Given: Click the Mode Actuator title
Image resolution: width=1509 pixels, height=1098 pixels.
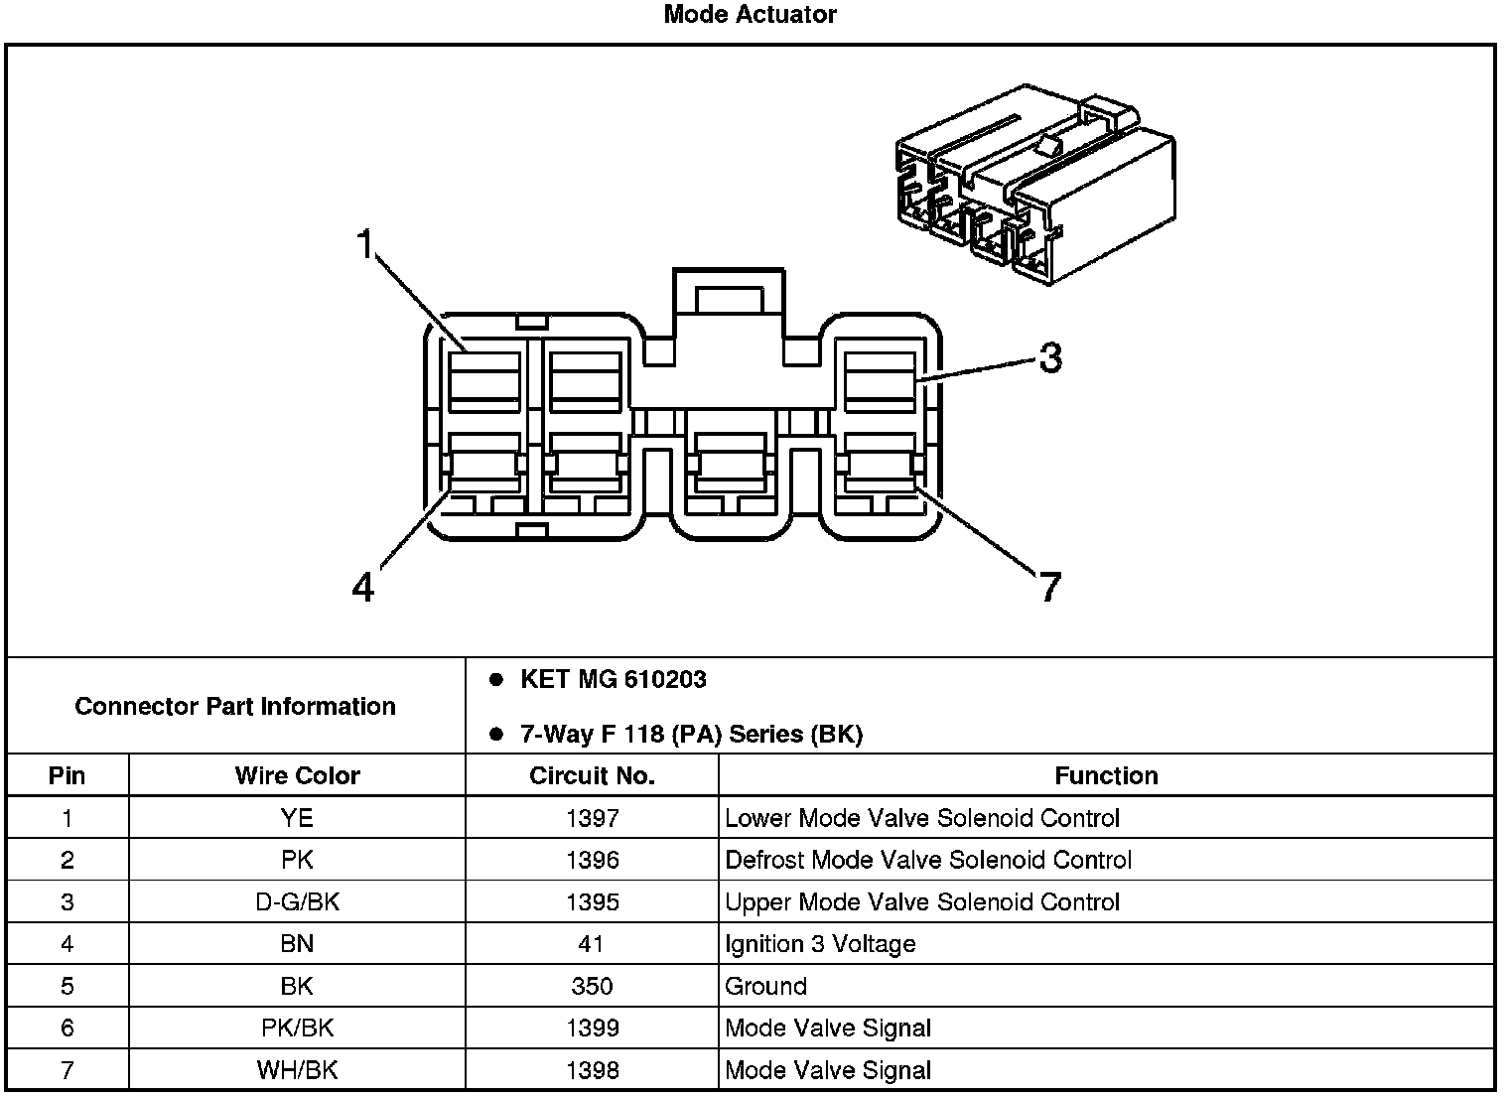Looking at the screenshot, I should [750, 15].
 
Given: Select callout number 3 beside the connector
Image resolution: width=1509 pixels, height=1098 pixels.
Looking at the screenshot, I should [1050, 357].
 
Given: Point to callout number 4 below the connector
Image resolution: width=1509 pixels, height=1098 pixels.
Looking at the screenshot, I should [363, 588].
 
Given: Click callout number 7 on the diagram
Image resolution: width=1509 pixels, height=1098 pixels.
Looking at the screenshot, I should [1050, 588].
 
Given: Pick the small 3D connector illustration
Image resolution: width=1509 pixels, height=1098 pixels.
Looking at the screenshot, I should [1034, 189].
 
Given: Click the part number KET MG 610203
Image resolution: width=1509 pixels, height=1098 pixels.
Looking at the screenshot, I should [613, 680].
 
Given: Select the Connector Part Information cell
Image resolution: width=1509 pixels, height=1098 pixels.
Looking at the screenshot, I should [235, 706].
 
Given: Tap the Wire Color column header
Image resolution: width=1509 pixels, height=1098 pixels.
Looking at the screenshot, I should [297, 775].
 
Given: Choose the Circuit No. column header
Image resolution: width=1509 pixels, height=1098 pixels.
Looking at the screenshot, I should [592, 775].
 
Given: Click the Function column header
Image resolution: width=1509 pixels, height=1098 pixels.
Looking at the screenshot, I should [1106, 775].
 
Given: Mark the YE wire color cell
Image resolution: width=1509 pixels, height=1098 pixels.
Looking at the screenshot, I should [297, 818].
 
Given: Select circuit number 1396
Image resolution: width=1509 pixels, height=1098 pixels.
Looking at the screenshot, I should [592, 860].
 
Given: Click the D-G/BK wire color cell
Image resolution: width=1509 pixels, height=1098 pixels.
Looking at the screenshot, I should [297, 902].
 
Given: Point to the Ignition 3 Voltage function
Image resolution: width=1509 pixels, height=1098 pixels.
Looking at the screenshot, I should [820, 944].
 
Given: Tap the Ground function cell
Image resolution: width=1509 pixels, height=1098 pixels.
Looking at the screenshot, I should [765, 986].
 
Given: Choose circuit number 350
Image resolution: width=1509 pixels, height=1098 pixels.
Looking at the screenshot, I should [592, 986].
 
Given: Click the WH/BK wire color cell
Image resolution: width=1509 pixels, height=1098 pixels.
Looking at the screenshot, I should [297, 1070].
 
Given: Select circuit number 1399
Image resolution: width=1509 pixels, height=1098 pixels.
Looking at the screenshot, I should [592, 1028].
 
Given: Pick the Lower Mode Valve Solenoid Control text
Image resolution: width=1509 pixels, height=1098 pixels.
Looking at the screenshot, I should [922, 818].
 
